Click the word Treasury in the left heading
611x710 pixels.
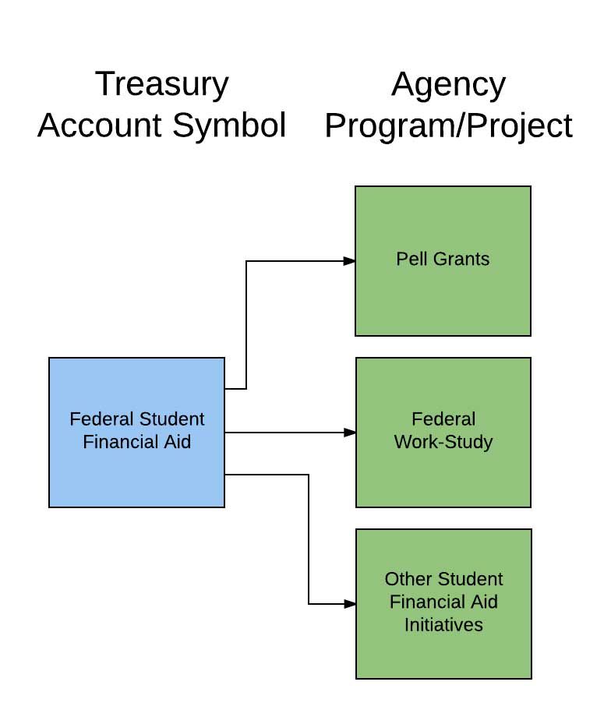[161, 84]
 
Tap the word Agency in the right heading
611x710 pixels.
[448, 84]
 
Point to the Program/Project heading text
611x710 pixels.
[448, 125]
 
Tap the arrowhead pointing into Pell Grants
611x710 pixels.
[350, 261]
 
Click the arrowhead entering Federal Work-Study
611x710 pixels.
[350, 432]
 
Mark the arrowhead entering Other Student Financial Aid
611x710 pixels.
[350, 604]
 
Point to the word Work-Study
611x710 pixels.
[443, 442]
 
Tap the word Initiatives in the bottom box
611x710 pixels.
[443, 624]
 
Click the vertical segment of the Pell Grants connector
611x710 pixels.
[246, 323]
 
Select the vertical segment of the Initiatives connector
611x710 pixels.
[309, 538]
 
